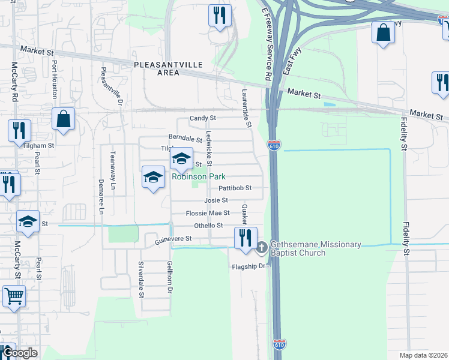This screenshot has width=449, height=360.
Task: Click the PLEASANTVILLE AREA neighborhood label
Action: point(168,68)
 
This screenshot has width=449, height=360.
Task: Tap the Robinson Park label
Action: point(199,177)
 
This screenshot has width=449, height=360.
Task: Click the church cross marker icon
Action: point(262,247)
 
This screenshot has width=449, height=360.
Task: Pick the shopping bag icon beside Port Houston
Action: point(63,119)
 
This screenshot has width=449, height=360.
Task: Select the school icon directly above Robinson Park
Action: point(181,159)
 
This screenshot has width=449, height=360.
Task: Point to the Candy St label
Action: point(202,119)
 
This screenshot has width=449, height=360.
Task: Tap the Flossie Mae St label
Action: point(208,213)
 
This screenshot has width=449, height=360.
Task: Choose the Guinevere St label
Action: point(173,239)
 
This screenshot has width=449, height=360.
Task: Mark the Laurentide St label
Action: point(246,109)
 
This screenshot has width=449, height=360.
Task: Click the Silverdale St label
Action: point(142,280)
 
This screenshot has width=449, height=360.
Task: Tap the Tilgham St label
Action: point(39,145)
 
